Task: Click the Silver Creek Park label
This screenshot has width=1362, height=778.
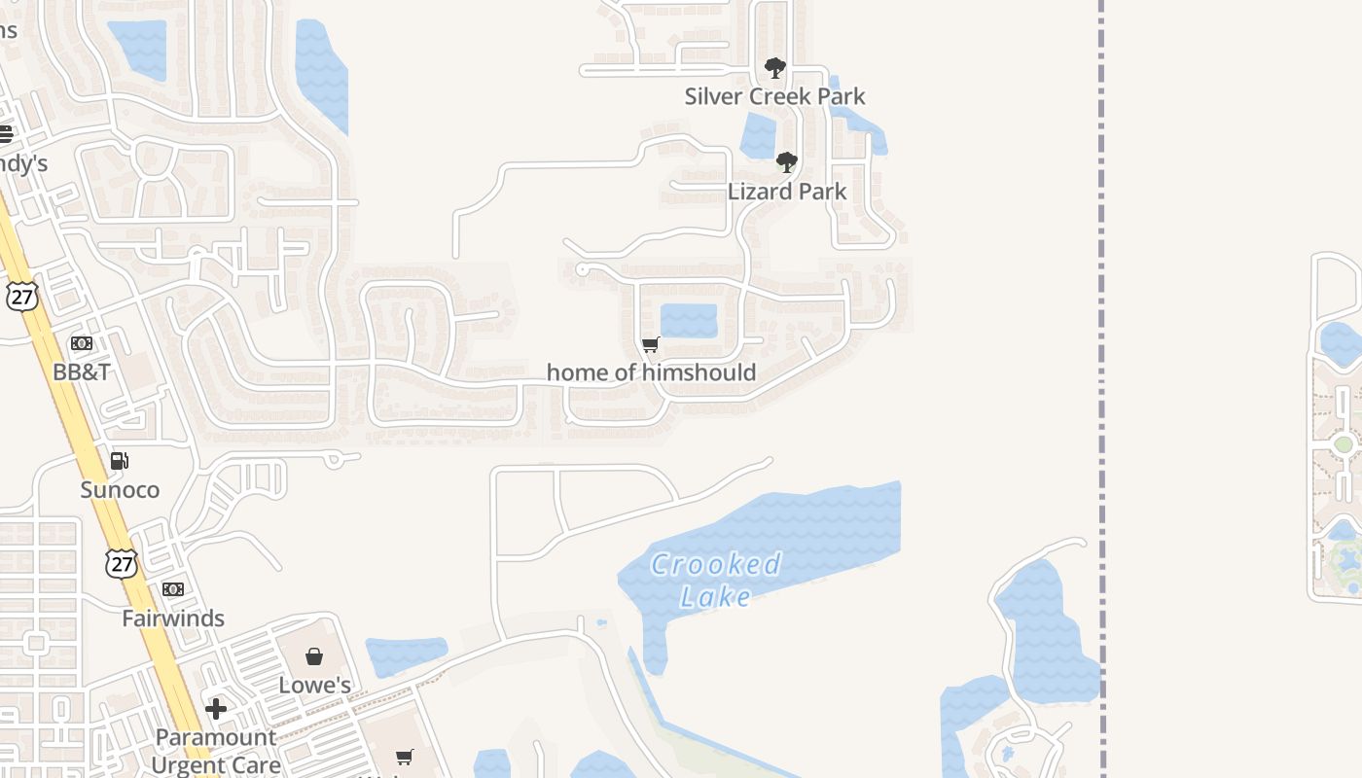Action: point(774,96)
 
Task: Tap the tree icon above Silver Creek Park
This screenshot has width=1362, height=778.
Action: point(775,68)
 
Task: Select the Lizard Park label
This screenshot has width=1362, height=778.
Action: point(787,192)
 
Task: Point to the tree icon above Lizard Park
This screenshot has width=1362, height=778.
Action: point(787,162)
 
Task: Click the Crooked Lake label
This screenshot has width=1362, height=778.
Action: point(716,580)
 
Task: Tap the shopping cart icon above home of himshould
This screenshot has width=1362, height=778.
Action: point(651,344)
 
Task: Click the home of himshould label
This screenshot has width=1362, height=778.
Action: point(651,372)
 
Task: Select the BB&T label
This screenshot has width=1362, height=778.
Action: point(82,371)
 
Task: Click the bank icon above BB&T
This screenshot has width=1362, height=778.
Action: point(82,343)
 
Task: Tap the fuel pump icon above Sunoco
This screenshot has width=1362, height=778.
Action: point(120,461)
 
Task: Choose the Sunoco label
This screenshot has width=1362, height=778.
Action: point(120,489)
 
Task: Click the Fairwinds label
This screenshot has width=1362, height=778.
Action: point(173,618)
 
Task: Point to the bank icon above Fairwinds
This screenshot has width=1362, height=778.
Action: point(173,589)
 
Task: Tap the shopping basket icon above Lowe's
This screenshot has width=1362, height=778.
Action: point(314,657)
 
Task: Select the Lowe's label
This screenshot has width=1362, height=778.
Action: point(314,685)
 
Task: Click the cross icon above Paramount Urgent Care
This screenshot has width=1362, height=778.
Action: point(216,709)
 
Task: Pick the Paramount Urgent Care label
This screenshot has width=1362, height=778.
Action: point(216,751)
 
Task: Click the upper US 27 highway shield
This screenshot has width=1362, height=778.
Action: point(21,297)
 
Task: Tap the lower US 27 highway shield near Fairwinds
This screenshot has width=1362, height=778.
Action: point(122,563)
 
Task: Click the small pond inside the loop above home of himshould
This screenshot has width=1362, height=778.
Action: point(689,321)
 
